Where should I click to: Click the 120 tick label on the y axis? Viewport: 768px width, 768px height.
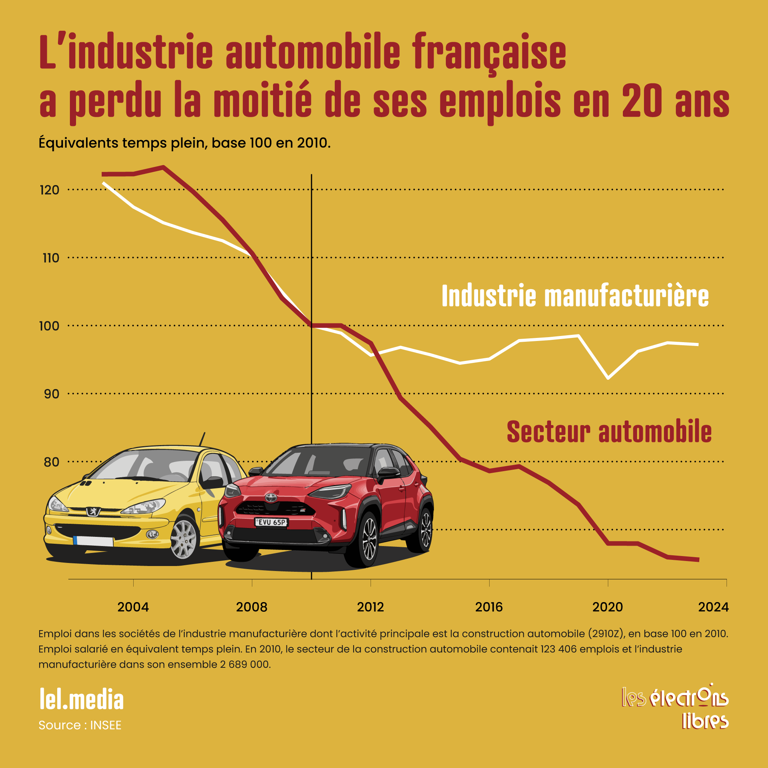tap(49, 190)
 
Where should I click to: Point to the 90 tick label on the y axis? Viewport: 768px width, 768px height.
tap(51, 394)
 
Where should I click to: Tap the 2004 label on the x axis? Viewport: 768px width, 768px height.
tap(133, 607)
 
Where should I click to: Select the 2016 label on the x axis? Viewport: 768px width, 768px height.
tap(489, 607)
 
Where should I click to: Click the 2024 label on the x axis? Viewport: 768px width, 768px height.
tap(713, 607)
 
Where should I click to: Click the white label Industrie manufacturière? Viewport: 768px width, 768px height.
tap(575, 296)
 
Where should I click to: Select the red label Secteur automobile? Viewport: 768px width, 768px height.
tap(609, 432)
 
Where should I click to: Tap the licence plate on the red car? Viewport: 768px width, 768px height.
tap(271, 522)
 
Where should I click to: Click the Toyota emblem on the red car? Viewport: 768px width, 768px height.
tap(271, 498)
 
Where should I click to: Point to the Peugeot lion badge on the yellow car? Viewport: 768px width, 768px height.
tap(93, 511)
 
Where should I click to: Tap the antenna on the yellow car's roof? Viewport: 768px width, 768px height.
tap(202, 440)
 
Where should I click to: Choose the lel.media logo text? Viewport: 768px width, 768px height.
tap(81, 699)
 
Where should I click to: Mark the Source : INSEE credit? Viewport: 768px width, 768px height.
tap(80, 725)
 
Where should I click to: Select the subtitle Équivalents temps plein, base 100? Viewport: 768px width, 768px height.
tap(184, 143)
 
